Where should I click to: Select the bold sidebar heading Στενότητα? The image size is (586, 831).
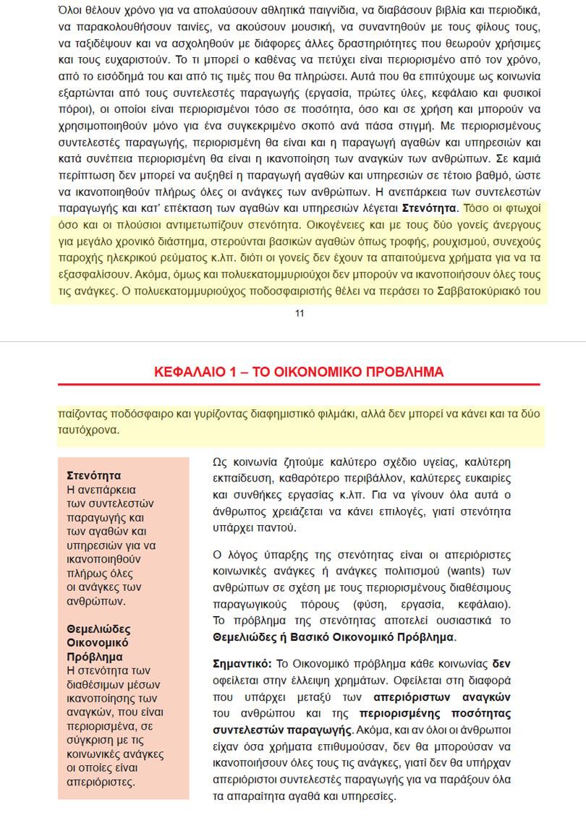[93, 476]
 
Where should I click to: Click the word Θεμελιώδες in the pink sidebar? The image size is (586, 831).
[98, 629]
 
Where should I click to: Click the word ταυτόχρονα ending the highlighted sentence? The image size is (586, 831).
[88, 429]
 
